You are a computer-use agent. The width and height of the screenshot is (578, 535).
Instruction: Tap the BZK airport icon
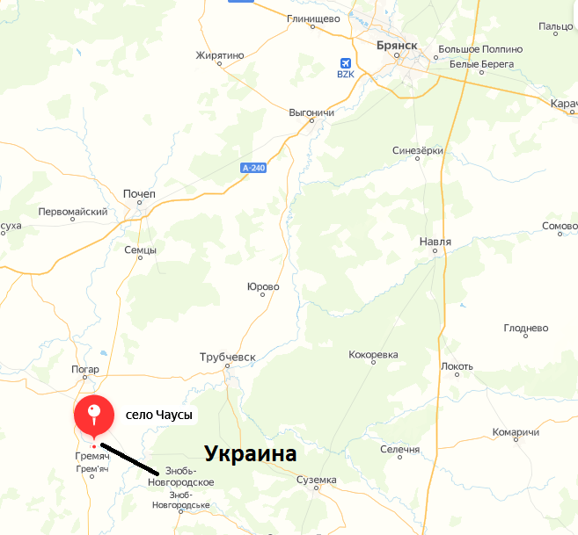click(345, 63)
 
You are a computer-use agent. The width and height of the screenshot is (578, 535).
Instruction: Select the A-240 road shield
click(252, 167)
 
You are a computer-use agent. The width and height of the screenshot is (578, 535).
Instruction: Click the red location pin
click(94, 415)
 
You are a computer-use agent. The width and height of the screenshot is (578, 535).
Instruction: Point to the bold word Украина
click(251, 454)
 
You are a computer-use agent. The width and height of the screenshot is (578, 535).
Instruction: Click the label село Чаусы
click(159, 414)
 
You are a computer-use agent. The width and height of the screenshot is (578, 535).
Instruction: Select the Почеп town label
click(140, 193)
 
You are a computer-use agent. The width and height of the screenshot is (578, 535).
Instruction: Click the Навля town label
click(435, 241)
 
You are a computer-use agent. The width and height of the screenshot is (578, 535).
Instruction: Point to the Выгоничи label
click(311, 113)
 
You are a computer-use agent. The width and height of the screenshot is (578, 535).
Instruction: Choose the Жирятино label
click(219, 55)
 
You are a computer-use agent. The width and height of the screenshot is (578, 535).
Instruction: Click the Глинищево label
click(313, 17)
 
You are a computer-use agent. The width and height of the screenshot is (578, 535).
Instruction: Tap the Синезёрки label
click(417, 150)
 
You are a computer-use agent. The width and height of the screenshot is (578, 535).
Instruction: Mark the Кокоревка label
click(373, 355)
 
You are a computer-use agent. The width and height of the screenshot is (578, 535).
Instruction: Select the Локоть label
click(457, 366)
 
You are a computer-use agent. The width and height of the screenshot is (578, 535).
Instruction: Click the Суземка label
click(316, 480)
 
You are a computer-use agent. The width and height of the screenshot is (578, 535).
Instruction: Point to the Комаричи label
click(516, 432)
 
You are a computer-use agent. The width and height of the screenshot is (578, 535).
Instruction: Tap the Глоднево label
click(525, 328)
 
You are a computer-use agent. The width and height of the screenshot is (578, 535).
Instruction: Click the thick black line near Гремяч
click(129, 458)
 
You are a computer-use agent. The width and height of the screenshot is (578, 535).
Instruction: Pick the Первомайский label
click(73, 212)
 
